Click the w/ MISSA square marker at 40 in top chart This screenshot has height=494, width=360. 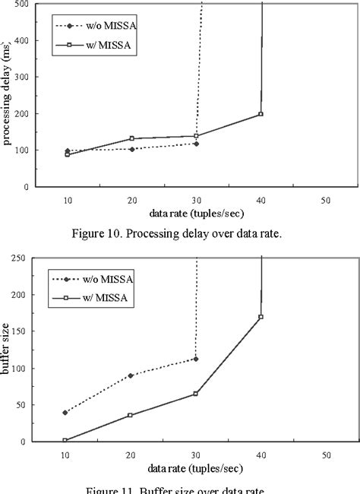point(261,114)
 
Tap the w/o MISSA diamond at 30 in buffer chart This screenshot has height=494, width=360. point(196,359)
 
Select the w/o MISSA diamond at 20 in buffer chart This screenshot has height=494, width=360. point(131,375)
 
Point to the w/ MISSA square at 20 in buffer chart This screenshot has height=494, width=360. point(131,415)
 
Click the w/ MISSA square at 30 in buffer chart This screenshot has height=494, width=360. point(196,394)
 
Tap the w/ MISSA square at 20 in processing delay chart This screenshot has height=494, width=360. point(131,138)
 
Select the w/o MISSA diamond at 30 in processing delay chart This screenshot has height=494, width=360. point(196,144)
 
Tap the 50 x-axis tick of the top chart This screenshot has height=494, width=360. point(325,199)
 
